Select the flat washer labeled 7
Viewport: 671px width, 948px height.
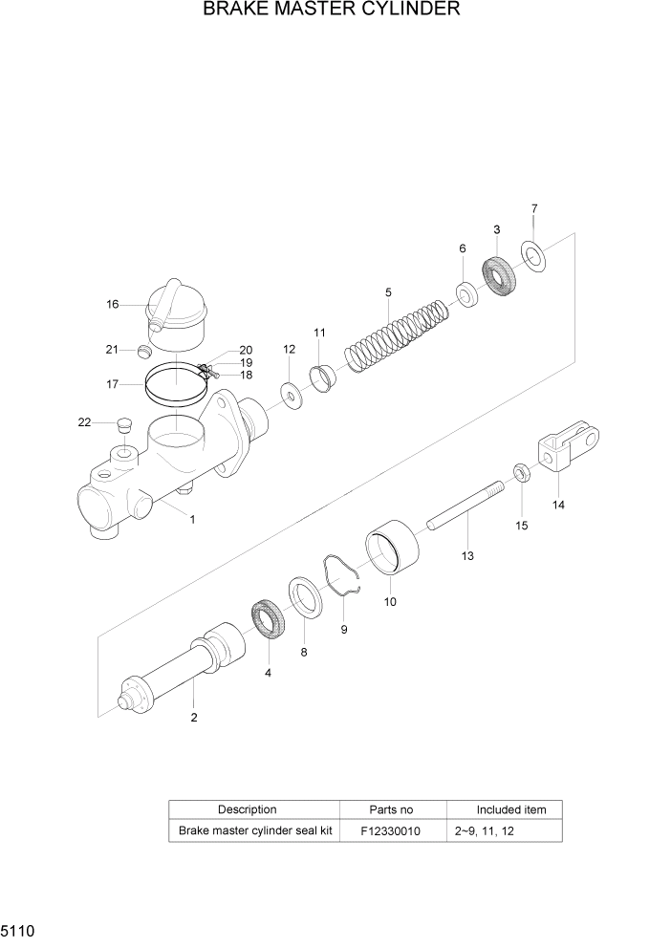click(x=531, y=256)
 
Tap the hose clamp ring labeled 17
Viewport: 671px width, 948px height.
click(x=176, y=385)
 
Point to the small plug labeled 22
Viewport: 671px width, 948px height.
click(x=121, y=424)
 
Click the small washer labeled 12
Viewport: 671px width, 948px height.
click(x=288, y=391)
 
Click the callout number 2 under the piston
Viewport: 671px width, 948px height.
click(x=194, y=717)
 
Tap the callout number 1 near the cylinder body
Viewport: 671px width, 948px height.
click(x=192, y=520)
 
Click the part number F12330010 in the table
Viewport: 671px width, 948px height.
click(x=390, y=831)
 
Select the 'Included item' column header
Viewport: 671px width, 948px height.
click(x=511, y=809)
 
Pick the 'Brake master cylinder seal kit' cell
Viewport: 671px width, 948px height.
click(x=255, y=831)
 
